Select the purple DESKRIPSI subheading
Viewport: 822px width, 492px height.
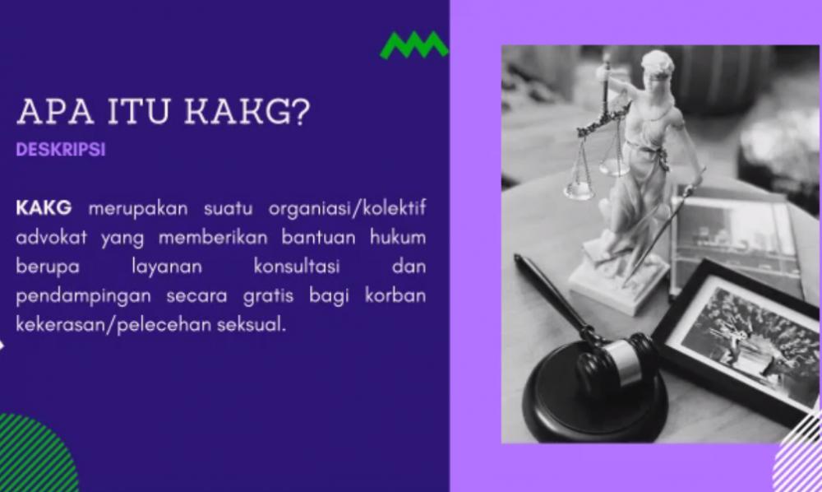click(x=61, y=150)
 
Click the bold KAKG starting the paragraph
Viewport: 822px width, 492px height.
click(x=44, y=207)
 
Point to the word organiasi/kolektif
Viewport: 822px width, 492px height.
click(x=347, y=209)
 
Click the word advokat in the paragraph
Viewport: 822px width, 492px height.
click(x=51, y=237)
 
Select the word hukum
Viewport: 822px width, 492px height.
click(x=398, y=237)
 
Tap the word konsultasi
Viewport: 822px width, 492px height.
click(x=297, y=266)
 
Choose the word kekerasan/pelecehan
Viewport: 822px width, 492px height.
click(x=113, y=325)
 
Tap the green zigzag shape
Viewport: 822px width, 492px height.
click(x=414, y=45)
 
